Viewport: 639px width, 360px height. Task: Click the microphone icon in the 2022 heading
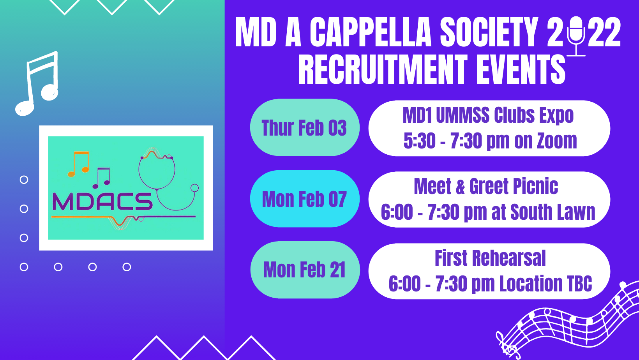tap(576, 36)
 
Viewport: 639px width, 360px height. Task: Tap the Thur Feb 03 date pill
tap(305, 127)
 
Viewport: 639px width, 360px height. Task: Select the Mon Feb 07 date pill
tap(305, 199)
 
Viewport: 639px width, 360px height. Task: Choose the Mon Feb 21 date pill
tap(305, 270)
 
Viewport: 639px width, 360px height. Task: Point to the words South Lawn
tap(553, 212)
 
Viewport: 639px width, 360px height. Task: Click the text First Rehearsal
tap(490, 258)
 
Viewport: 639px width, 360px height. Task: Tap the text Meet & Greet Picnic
tap(486, 186)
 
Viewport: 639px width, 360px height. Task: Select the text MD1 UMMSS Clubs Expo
tap(488, 115)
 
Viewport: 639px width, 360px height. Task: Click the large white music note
tap(37, 84)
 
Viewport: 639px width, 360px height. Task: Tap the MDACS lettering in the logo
tap(102, 202)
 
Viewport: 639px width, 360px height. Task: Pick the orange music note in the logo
tap(78, 164)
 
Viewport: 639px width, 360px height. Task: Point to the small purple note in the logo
tap(101, 178)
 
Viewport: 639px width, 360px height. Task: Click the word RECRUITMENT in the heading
tap(383, 69)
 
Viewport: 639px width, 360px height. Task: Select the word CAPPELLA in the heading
tap(371, 32)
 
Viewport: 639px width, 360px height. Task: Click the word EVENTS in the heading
tap(521, 69)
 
